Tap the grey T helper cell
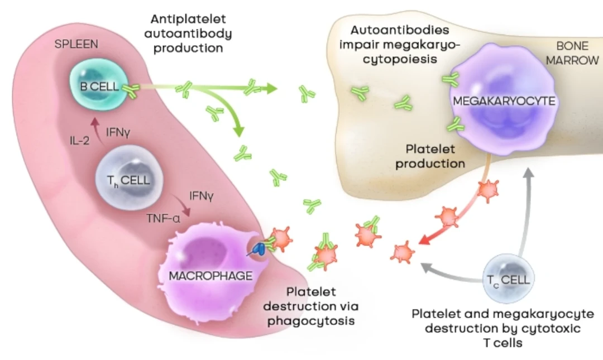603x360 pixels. tap(127, 180)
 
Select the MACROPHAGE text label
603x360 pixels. tap(210, 275)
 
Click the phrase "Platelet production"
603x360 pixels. tap(435, 156)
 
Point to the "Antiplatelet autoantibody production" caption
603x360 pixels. tap(188, 33)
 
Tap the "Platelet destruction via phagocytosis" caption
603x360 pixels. tap(311, 306)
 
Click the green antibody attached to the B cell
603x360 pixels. tap(131, 90)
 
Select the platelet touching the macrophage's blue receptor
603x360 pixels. tap(280, 239)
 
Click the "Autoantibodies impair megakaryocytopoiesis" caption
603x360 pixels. tap(400, 44)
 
